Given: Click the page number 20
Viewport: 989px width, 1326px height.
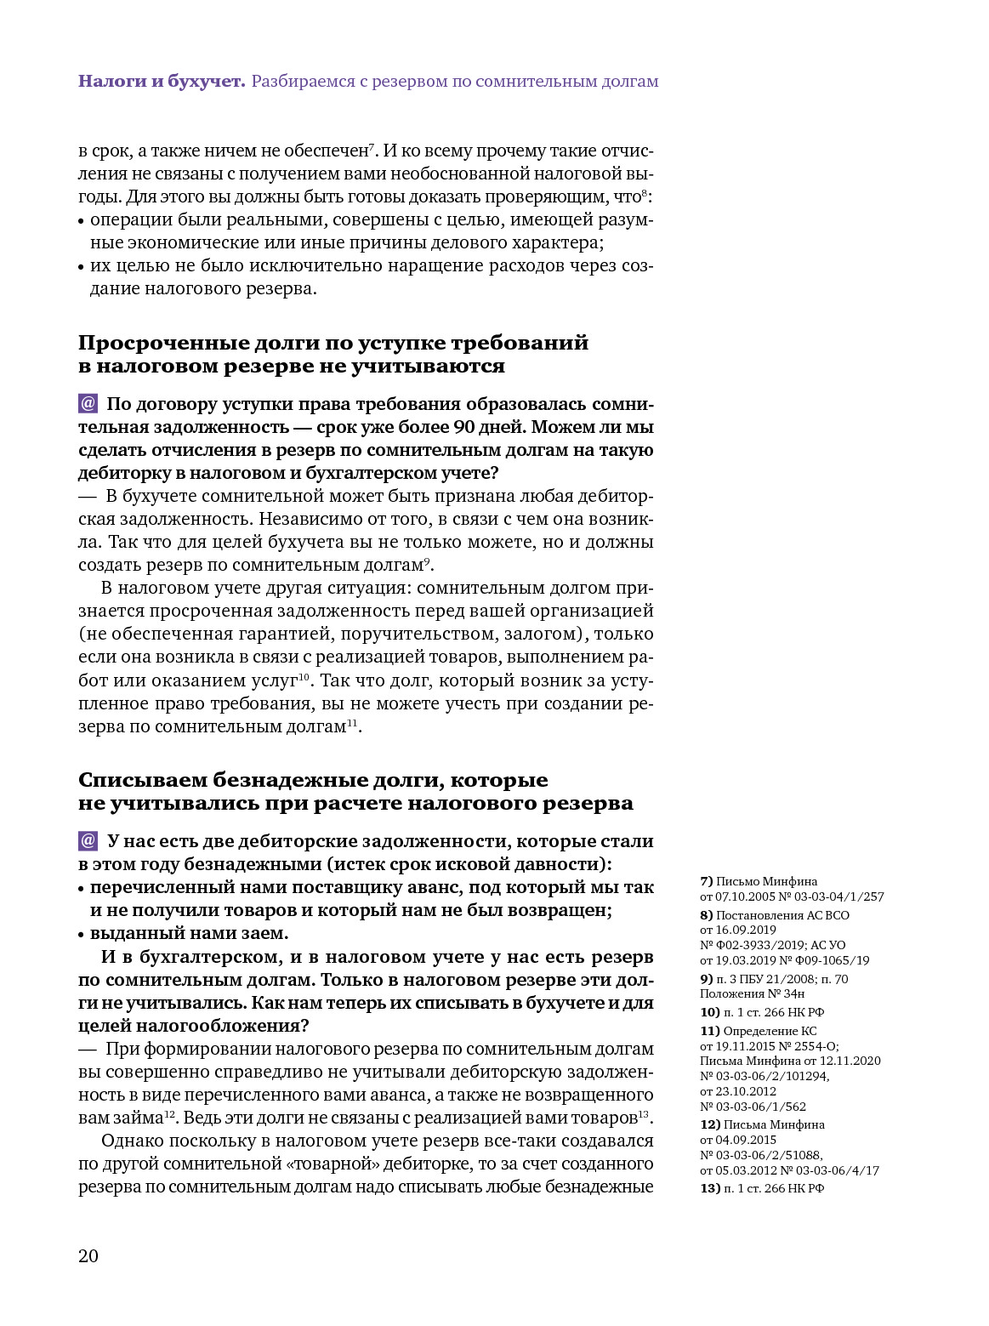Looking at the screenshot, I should (88, 1256).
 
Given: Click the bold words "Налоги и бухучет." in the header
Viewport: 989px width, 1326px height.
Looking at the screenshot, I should (162, 82).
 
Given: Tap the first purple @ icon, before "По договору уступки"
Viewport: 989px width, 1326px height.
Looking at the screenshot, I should (88, 403).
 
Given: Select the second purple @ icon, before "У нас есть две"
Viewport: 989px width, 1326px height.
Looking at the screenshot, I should (88, 840).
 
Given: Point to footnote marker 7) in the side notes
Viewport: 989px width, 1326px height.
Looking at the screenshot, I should (706, 881).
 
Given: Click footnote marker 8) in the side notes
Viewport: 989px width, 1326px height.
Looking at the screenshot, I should (706, 915).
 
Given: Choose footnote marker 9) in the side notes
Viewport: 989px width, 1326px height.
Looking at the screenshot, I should (706, 979).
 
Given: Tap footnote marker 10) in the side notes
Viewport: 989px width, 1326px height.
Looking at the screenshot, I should (709, 1012).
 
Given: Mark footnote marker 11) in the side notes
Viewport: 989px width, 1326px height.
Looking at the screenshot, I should (709, 1031).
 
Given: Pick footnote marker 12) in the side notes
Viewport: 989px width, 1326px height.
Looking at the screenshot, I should (709, 1124).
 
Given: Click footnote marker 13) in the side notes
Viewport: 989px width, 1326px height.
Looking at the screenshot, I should (709, 1188).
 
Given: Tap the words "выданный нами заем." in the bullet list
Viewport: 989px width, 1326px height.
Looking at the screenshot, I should (189, 933).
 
